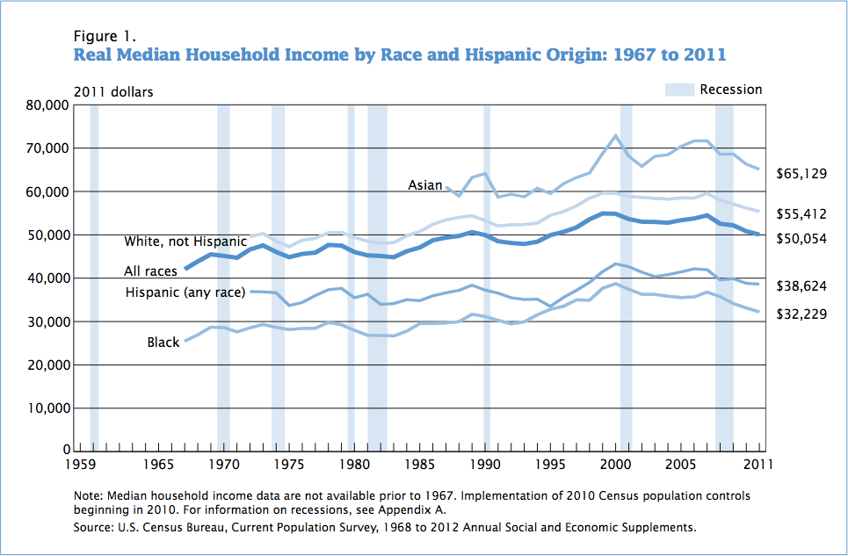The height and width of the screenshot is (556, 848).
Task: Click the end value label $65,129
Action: click(801, 174)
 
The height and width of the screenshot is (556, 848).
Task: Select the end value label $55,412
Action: click(801, 213)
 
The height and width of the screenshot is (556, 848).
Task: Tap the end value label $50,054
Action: click(801, 238)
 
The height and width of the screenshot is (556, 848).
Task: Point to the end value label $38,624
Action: click(801, 286)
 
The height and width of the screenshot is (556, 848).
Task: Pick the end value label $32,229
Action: click(801, 314)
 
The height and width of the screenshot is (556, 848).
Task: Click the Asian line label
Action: click(425, 185)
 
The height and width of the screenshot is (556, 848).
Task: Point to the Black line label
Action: click(163, 343)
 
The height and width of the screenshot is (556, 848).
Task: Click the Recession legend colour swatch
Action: click(679, 90)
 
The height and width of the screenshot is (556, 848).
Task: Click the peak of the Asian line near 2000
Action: click(616, 135)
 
